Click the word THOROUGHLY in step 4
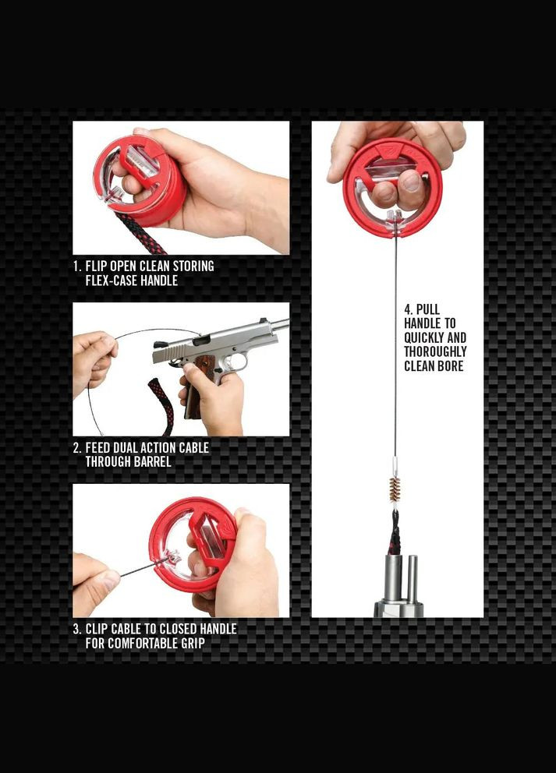click(435, 351)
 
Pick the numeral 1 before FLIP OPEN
click(76, 266)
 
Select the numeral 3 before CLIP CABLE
click(76, 628)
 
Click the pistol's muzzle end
click(285, 324)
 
